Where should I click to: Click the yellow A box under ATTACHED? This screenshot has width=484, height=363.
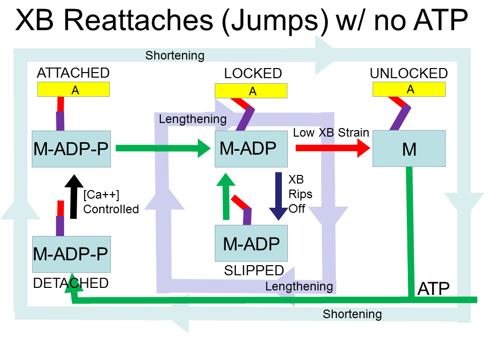tap(74, 89)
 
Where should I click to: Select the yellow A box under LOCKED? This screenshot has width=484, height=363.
tap(251, 91)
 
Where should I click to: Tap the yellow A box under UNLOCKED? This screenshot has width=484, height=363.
tap(409, 89)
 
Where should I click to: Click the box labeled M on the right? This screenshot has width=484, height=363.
tap(409, 149)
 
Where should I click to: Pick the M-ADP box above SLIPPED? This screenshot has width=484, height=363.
tap(251, 244)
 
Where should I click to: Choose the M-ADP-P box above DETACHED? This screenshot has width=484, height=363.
tap(71, 254)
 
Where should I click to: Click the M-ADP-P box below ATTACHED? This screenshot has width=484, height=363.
tap(71, 149)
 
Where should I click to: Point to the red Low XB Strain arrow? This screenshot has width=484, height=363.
tap(333, 148)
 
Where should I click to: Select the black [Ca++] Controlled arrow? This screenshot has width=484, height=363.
tap(74, 197)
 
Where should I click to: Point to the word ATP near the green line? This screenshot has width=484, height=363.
tap(434, 288)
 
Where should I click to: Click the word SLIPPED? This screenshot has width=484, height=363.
tap(254, 271)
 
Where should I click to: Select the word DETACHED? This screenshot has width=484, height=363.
tap(71, 283)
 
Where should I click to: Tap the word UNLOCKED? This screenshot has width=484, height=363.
tap(408, 74)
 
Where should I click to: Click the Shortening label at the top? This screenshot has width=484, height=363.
tap(174, 55)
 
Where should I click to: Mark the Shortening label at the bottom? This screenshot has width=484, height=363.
tap(352, 315)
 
